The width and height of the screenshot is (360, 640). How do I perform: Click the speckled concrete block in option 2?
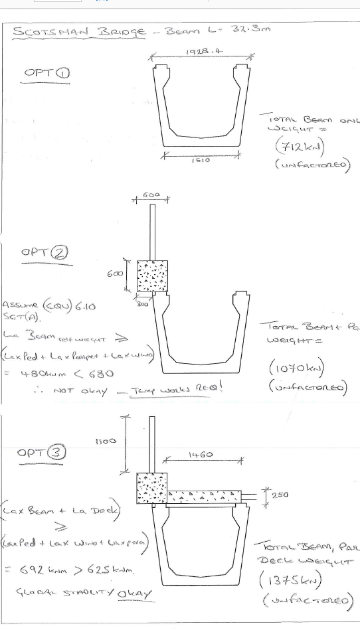[x=152, y=276]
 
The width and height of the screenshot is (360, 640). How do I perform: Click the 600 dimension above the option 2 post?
[x=151, y=196]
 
